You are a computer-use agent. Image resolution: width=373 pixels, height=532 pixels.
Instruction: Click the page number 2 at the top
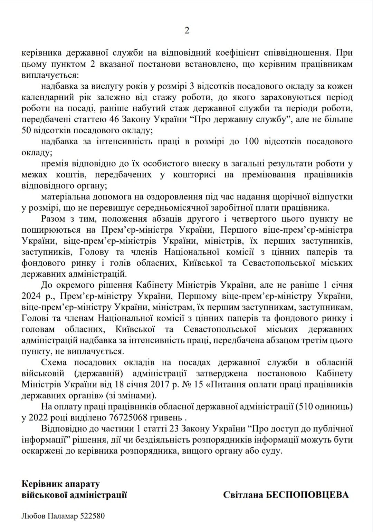click(187, 31)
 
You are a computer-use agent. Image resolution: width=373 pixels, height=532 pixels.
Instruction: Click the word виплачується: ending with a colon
click(50, 75)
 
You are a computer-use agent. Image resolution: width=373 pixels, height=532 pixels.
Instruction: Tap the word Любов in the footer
click(33, 516)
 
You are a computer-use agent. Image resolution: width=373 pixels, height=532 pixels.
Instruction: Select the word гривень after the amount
click(165, 418)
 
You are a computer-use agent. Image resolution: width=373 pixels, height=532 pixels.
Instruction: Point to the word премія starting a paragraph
click(55, 164)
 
